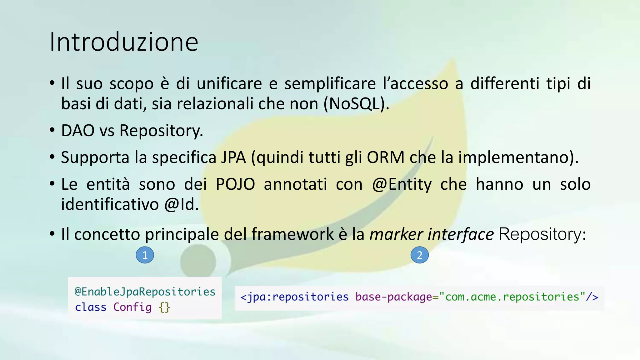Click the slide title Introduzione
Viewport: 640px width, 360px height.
pyautogui.click(x=124, y=42)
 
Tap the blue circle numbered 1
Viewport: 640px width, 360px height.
pyautogui.click(x=145, y=255)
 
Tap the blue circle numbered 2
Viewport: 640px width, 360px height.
pyautogui.click(x=419, y=255)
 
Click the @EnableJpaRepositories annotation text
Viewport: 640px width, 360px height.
pyautogui.click(x=145, y=292)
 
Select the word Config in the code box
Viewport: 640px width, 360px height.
pyautogui.click(x=132, y=307)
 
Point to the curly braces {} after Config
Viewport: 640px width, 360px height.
pyautogui.click(x=164, y=307)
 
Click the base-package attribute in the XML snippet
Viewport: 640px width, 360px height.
pyautogui.click(x=393, y=297)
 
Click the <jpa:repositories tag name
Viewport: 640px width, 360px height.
pyautogui.click(x=294, y=297)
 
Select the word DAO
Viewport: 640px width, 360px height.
pyautogui.click(x=77, y=130)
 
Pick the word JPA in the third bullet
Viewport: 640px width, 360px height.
pyautogui.click(x=233, y=157)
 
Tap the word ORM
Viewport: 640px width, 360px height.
pyautogui.click(x=386, y=157)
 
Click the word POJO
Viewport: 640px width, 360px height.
pyautogui.click(x=235, y=184)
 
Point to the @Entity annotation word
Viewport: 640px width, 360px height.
pyautogui.click(x=402, y=184)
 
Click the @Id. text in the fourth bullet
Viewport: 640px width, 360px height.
pyautogui.click(x=181, y=204)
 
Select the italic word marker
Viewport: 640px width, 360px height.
pyautogui.click(x=396, y=234)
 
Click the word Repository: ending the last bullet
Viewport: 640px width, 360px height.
pyautogui.click(x=542, y=234)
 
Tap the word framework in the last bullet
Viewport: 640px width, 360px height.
pyautogui.click(x=292, y=234)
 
